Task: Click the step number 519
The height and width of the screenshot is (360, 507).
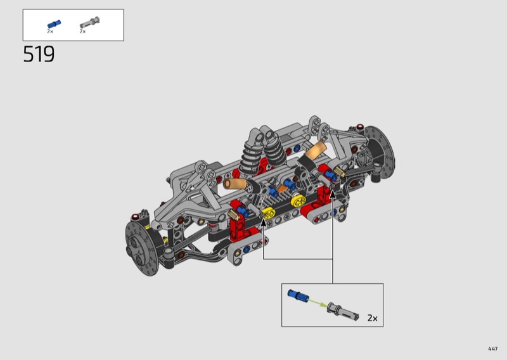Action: (39, 54)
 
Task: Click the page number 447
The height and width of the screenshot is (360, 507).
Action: (493, 349)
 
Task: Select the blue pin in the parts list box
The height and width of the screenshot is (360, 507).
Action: (54, 24)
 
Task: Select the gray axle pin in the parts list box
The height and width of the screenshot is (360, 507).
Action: (90, 22)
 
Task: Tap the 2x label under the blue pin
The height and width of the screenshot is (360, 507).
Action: (50, 32)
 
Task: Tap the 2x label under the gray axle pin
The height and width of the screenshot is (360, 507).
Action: (83, 32)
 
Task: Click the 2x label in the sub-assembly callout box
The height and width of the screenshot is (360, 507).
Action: (373, 318)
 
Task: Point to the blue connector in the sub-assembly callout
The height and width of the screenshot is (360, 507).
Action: (298, 295)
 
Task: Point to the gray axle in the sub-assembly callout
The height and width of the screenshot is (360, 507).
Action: (343, 311)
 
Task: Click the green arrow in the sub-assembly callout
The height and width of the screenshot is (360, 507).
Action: (318, 302)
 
